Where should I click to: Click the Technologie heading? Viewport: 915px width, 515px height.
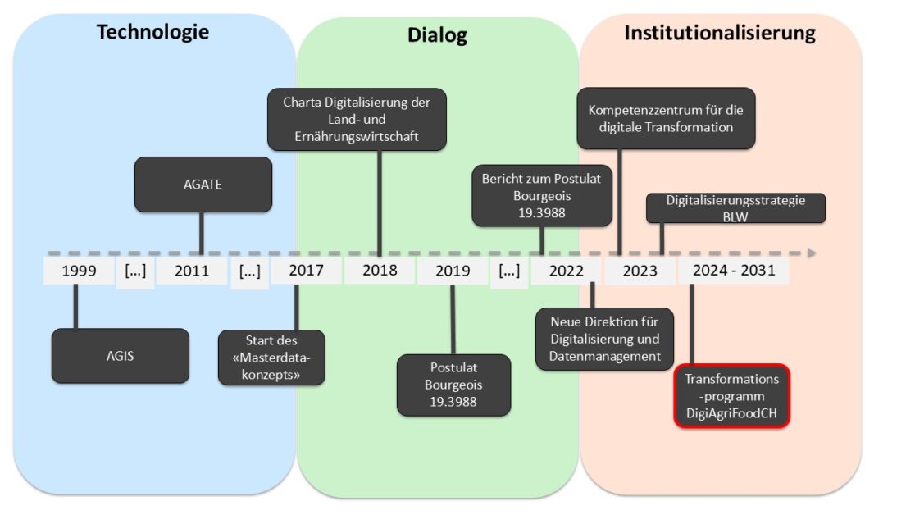(152, 32)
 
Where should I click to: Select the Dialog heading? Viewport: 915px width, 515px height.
(437, 35)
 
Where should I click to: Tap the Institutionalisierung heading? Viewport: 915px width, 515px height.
(720, 33)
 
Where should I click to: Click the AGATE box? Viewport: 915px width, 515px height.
(203, 185)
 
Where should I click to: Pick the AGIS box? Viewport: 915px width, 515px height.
(120, 356)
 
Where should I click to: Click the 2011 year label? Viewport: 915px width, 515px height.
(192, 271)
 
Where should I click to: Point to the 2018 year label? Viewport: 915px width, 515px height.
(380, 271)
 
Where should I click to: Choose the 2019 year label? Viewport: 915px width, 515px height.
(452, 271)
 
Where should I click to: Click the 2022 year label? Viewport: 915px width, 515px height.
(567, 271)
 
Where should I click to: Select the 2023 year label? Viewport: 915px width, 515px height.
(640, 271)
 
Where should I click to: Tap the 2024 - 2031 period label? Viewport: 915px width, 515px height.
(733, 271)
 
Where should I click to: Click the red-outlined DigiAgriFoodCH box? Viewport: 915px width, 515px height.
(731, 397)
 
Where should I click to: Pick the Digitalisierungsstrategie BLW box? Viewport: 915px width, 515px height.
(735, 208)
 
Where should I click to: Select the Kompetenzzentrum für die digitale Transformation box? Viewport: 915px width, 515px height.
(666, 118)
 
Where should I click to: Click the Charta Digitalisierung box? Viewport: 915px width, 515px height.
(357, 120)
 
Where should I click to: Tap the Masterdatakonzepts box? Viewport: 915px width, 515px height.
(271, 358)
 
